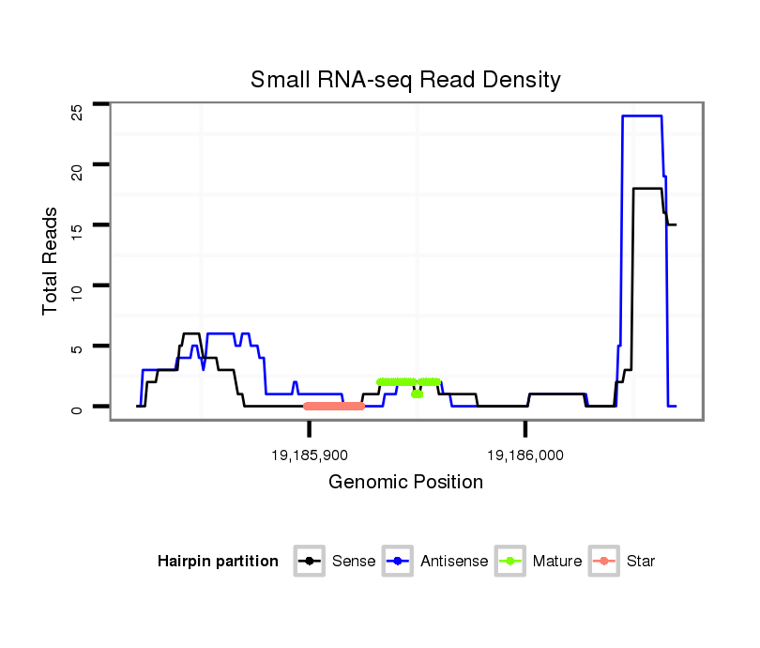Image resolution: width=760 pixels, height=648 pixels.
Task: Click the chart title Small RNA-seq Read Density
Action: pyautogui.click(x=405, y=80)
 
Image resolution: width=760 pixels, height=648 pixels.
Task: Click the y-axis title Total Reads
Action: pyautogui.click(x=51, y=261)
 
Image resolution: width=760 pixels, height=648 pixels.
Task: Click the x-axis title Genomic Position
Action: pyautogui.click(x=405, y=483)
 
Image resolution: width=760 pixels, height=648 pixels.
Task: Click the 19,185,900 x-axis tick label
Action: pyautogui.click(x=309, y=455)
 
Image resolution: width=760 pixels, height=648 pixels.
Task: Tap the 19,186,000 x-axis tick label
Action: pyautogui.click(x=525, y=455)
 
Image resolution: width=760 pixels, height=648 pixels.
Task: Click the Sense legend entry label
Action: pyautogui.click(x=354, y=562)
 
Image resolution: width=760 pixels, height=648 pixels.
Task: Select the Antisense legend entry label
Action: pyautogui.click(x=454, y=562)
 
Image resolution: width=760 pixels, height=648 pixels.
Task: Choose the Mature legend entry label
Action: pyautogui.click(x=556, y=562)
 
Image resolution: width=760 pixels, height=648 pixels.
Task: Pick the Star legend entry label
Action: pyautogui.click(x=640, y=562)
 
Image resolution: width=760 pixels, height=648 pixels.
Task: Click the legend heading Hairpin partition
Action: pyautogui.click(x=218, y=562)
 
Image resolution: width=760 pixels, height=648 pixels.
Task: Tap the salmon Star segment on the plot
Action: pyautogui.click(x=334, y=406)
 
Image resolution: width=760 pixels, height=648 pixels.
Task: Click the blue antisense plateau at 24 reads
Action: pyautogui.click(x=643, y=116)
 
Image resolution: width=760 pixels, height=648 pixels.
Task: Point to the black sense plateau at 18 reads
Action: pyautogui.click(x=647, y=189)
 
